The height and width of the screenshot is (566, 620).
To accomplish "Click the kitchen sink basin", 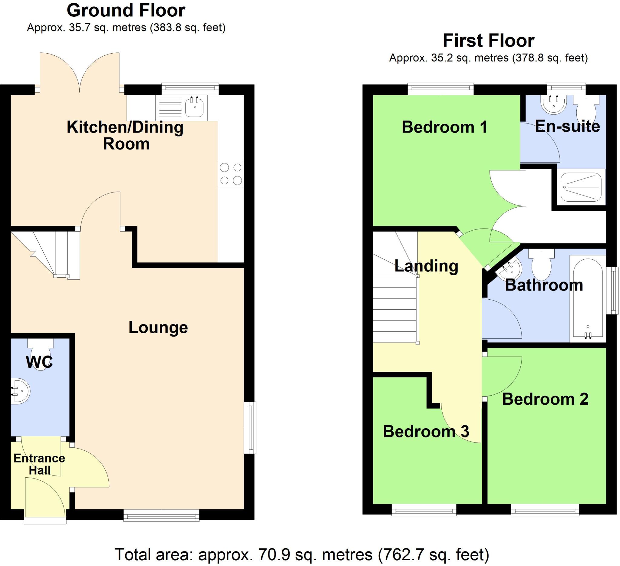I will [x=194, y=107].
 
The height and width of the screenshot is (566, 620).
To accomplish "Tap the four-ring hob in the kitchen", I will [x=231, y=174].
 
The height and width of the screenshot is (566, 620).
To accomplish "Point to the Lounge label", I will [x=158, y=327].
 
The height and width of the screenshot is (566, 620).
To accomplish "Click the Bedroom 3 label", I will [x=426, y=432].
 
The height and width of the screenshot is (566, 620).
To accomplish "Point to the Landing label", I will [x=426, y=266].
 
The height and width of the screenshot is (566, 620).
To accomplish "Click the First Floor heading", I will [x=488, y=41].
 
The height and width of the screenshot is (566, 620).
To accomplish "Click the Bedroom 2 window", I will [x=545, y=511].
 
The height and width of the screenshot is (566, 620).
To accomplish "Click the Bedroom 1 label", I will [x=444, y=127].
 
